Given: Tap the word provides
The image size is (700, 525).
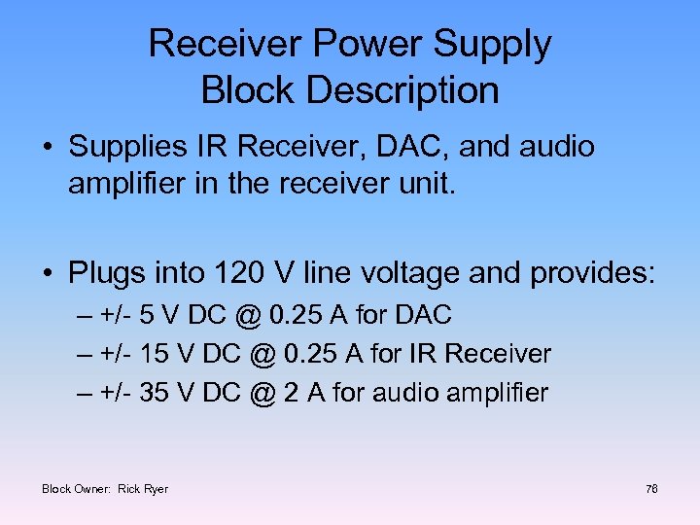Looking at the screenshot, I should click(592, 273).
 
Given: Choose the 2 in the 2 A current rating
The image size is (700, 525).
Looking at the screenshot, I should click(291, 394).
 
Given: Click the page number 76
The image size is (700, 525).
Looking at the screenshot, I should click(651, 489).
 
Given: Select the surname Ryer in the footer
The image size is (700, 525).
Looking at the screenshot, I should click(157, 489).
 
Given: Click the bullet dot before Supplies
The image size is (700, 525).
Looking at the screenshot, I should click(48, 148).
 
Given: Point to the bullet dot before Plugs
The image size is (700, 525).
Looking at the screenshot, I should click(48, 274).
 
